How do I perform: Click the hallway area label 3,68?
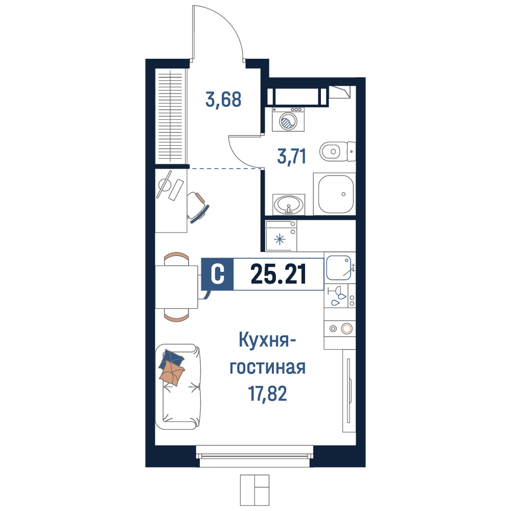[223, 100]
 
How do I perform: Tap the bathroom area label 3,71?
[292, 156]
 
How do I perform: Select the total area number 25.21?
[278, 274]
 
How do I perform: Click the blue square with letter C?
[217, 274]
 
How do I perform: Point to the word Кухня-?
[267, 340]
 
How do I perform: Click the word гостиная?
[268, 367]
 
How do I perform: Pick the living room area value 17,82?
[268, 393]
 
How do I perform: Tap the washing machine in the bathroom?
[288, 119]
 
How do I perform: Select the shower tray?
[335, 194]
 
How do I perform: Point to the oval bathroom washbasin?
[289, 205]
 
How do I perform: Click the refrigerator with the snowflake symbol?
[281, 236]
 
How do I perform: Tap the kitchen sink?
[339, 268]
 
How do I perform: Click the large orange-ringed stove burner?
[347, 329]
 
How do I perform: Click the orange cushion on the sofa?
[172, 374]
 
